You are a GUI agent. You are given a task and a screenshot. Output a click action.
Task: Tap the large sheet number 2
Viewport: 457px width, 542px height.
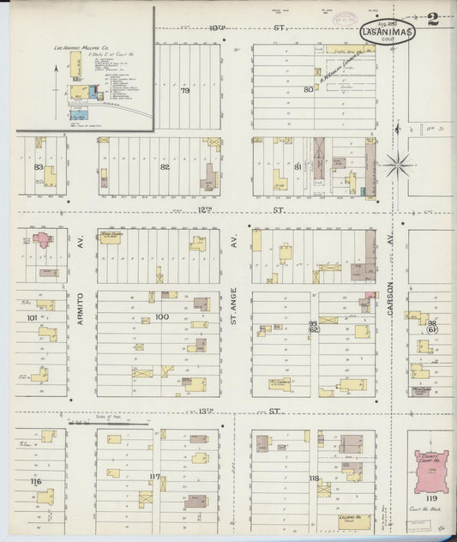[x=433, y=18]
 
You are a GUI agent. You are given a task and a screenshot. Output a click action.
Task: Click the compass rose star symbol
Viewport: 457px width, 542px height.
[x=397, y=164]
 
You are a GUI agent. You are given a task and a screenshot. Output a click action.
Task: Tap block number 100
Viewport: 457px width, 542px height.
[x=162, y=317]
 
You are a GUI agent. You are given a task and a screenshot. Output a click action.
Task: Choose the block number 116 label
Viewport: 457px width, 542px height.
[x=34, y=482]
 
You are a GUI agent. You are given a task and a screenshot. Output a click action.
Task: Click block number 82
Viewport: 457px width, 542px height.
[x=165, y=167]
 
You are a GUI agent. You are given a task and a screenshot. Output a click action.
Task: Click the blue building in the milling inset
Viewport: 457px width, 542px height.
[x=80, y=114]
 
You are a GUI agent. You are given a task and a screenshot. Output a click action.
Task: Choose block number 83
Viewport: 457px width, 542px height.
[x=39, y=167]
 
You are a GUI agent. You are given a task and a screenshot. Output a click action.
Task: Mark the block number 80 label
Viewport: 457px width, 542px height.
[x=308, y=88]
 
